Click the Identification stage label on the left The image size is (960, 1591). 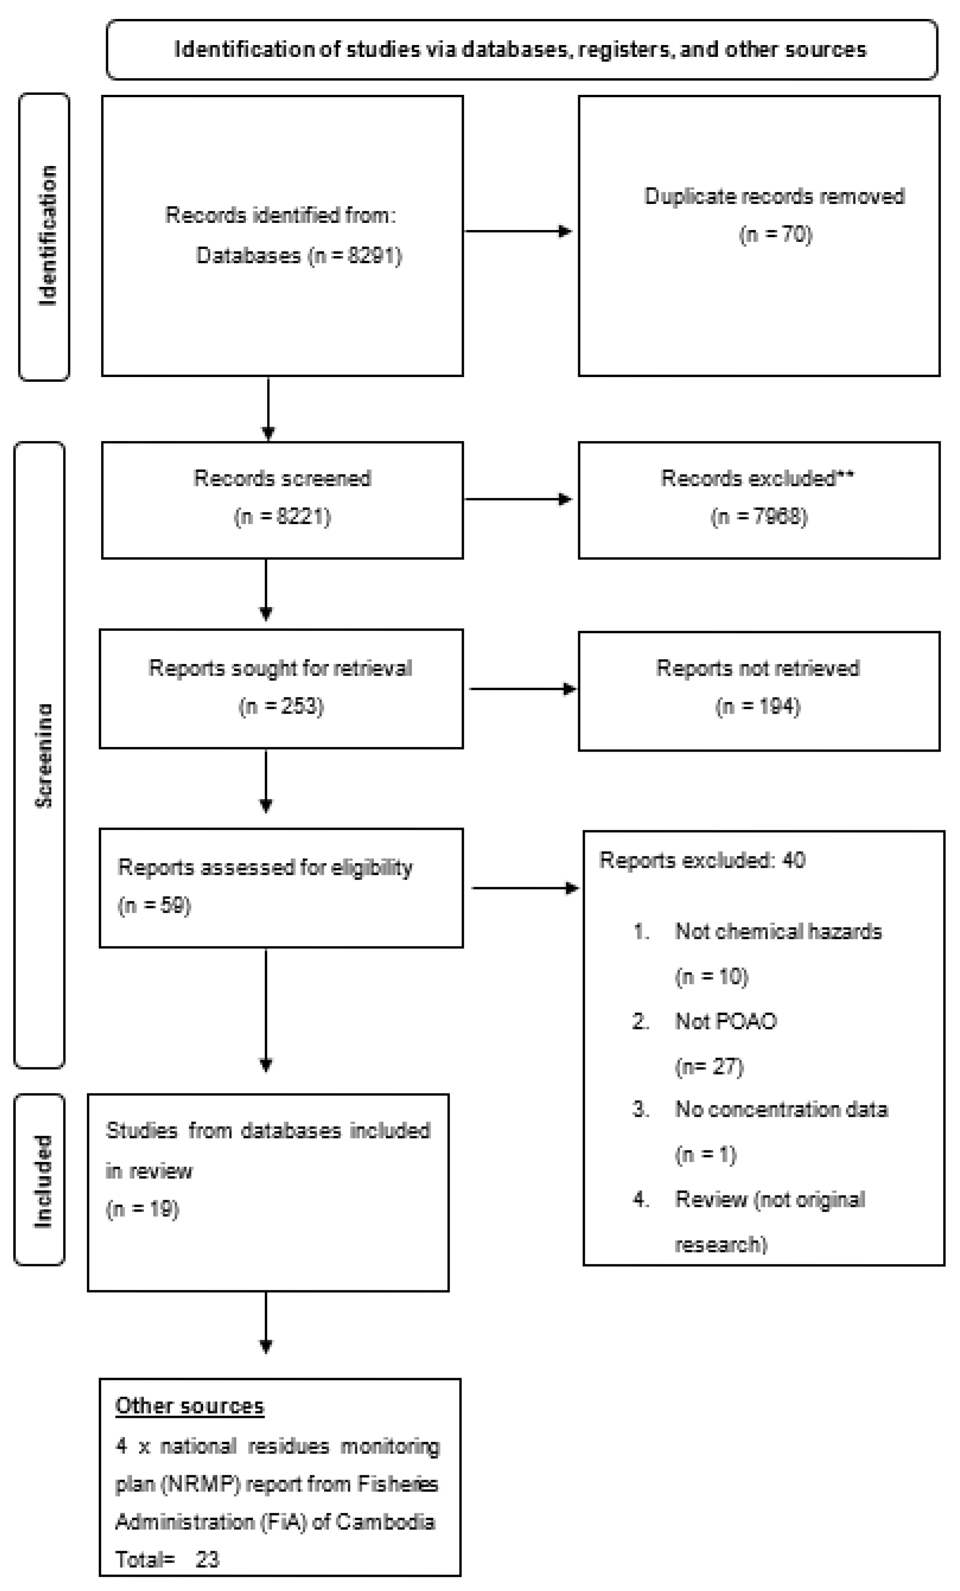coord(47,236)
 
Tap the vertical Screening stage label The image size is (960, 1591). coord(43,755)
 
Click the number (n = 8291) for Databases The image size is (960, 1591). coord(355,256)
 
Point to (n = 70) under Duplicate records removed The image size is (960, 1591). coord(775,234)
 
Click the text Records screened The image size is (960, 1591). coord(282,478)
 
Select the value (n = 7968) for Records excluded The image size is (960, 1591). coord(758,516)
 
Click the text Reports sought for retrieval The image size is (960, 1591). coord(280,668)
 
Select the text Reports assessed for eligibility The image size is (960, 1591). coord(265,867)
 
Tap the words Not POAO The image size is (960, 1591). coord(726,1021)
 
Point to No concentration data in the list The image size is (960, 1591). coord(781,1109)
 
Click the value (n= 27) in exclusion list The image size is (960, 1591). coord(709,1066)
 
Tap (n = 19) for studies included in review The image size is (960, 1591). coord(142,1209)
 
